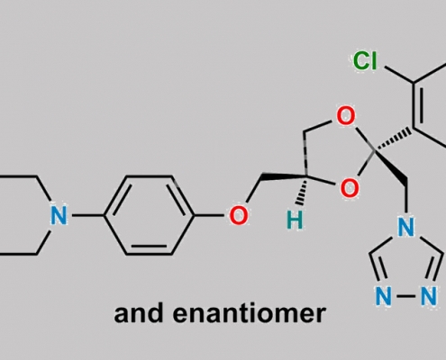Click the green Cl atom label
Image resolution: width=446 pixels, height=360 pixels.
(365, 60)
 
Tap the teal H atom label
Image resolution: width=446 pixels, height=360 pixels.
(295, 220)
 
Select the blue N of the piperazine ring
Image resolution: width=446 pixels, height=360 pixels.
(59, 215)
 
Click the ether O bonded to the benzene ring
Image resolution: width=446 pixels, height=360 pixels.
(239, 215)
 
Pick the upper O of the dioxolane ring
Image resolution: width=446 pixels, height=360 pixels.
(346, 116)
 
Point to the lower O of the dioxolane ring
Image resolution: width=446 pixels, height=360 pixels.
(350, 188)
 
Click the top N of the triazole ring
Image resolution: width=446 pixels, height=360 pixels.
(406, 226)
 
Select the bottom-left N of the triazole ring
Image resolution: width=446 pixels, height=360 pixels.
(384, 296)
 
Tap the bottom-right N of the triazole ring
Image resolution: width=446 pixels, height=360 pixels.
(429, 296)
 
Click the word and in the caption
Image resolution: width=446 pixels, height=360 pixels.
(140, 313)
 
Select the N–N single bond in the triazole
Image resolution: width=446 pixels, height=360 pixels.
(406, 296)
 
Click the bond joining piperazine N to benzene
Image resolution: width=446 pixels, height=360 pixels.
(86, 215)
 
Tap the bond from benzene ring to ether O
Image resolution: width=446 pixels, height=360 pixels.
(209, 215)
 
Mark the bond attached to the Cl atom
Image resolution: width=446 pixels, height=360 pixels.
(399, 75)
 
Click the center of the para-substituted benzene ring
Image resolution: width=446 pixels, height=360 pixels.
(149, 215)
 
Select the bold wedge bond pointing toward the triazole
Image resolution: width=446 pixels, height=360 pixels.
(391, 166)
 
